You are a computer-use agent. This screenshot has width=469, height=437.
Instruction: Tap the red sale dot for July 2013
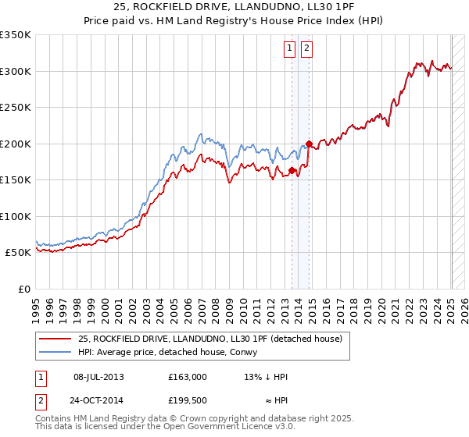pyautogui.click(x=292, y=170)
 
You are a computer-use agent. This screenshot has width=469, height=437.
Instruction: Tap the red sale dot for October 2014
pyautogui.click(x=310, y=144)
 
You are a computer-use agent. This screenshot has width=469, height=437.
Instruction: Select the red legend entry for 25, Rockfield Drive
pyautogui.click(x=209, y=338)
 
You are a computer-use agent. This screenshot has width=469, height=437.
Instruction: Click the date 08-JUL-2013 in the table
pyautogui.click(x=98, y=377)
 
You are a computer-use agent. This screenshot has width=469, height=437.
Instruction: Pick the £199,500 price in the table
pyautogui.click(x=188, y=400)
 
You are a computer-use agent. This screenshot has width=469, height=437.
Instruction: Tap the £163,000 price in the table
pyautogui.click(x=188, y=377)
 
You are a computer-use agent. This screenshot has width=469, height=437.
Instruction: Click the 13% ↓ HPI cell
pyautogui.click(x=267, y=377)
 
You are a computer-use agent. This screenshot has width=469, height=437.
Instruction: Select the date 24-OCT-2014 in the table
pyautogui.click(x=99, y=400)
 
